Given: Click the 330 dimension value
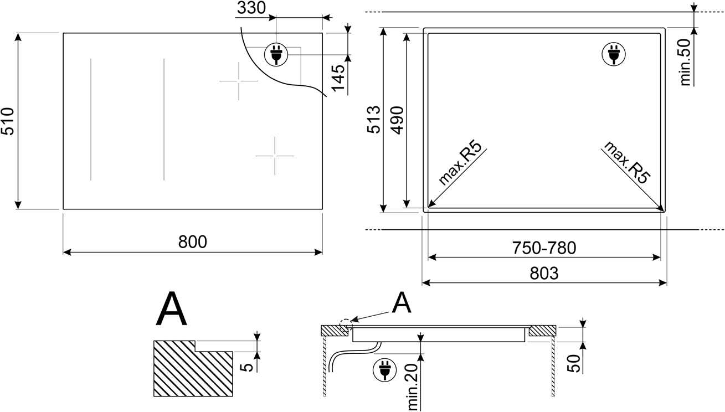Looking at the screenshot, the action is click(x=251, y=8).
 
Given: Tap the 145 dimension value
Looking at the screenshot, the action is click(x=338, y=78).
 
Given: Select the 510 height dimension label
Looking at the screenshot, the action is click(x=8, y=121).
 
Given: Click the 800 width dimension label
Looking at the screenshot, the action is click(x=193, y=242).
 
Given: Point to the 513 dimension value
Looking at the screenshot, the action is click(x=374, y=120).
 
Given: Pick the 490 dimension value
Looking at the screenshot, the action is click(x=397, y=120).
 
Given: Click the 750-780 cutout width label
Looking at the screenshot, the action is click(x=544, y=248).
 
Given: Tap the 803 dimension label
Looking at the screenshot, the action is click(x=544, y=274).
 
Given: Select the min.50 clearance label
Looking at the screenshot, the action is click(x=685, y=62).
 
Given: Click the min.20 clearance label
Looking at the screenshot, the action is click(x=413, y=387).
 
